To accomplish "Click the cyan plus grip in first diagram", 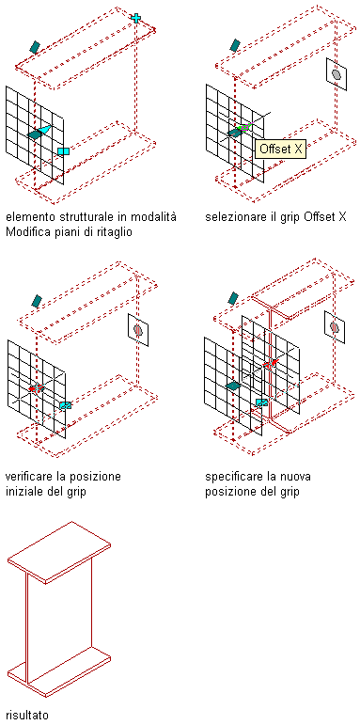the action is pos(136,18).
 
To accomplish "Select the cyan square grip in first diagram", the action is pos(64,151).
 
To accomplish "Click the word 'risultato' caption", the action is pos(27,715).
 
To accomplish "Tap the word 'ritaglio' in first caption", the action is pos(115,231).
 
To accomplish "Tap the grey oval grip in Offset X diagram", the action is pos(337,74).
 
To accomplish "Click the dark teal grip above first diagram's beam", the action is pos(35,46).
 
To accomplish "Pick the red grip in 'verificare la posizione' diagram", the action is pos(36,387).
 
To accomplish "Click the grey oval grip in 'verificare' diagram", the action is pos(138,330).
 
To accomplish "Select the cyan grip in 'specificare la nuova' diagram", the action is pos(262,402).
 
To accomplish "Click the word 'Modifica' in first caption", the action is pos(24,231).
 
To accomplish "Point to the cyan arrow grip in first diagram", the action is pos(44,130).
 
